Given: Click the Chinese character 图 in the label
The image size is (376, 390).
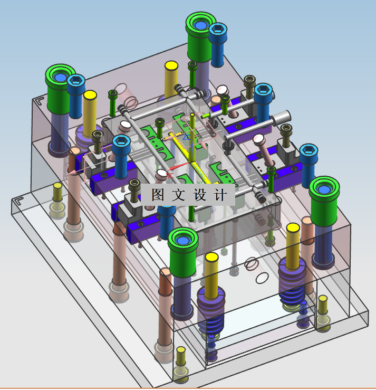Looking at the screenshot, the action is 158,195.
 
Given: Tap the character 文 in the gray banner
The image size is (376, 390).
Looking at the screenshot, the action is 178,195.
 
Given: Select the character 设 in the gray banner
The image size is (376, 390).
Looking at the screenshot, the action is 200,195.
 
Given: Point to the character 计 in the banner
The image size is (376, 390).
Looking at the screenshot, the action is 220,195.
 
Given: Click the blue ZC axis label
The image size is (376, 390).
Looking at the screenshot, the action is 187,137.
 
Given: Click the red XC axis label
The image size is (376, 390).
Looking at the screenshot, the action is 170,176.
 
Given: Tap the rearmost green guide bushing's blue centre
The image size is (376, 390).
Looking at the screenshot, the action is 200,25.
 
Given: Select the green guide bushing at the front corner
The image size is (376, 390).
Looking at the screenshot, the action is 183,252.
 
